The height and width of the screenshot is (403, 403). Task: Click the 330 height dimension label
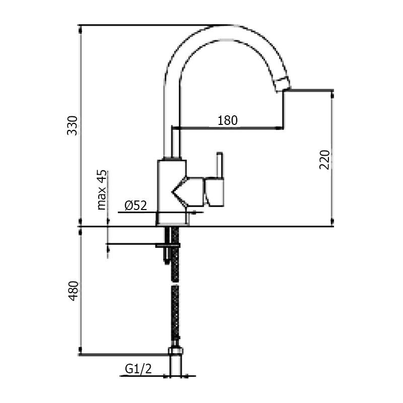click(x=73, y=125)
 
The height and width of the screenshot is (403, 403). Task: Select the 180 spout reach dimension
click(x=227, y=120)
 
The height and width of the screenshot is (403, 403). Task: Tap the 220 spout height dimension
click(x=325, y=159)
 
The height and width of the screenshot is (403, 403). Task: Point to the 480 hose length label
click(x=73, y=291)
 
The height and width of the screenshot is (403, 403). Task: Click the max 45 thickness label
click(x=102, y=190)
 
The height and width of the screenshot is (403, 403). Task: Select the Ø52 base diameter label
click(x=135, y=206)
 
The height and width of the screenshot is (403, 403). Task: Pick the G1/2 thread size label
click(x=138, y=369)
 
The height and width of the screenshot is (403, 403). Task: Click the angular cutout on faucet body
click(x=180, y=192)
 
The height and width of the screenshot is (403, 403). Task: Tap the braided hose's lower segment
click(x=175, y=312)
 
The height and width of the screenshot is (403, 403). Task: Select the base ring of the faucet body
click(x=171, y=219)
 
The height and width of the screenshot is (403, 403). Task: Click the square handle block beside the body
click(x=214, y=192)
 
